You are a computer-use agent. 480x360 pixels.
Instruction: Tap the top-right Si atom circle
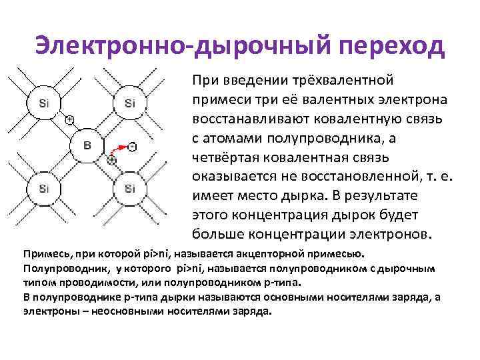coord(130,103)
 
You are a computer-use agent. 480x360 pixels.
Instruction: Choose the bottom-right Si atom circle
coord(130,189)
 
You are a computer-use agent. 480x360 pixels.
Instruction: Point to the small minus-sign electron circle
coord(133,146)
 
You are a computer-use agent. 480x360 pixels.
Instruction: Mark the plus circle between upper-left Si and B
coord(69,120)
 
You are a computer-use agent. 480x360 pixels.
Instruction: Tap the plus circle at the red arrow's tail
coord(111,160)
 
